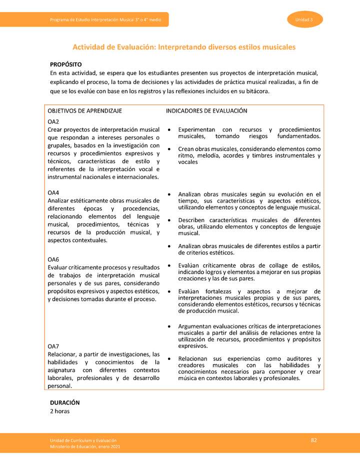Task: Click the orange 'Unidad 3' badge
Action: [304, 19]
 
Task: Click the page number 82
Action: [314, 440]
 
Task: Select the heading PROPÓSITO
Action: [65, 64]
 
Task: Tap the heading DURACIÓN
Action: [64, 402]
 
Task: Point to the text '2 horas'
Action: [59, 411]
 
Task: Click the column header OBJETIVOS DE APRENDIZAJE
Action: [84, 110]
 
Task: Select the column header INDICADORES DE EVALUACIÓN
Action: [206, 110]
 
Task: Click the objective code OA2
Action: [53, 122]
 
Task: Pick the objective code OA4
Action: [53, 192]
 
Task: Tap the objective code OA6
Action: [53, 259]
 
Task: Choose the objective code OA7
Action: [53, 346]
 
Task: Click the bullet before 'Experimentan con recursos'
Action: [170, 130]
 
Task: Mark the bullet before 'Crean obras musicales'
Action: [170, 149]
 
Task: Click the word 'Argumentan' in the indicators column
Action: [194, 326]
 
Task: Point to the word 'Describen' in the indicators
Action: [192, 220]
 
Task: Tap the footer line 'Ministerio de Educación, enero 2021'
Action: [85, 446]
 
